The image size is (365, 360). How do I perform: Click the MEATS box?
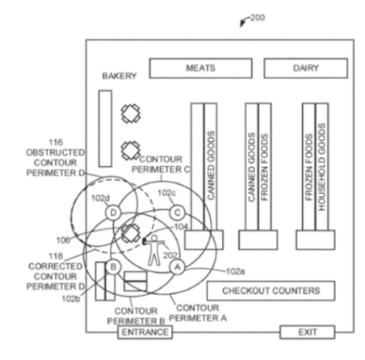coord(201,69)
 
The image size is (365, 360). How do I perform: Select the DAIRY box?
coord(306,69)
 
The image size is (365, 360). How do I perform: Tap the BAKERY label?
coord(120,76)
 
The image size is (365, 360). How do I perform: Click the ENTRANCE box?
coord(145,332)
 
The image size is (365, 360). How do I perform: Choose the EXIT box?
coord(308,332)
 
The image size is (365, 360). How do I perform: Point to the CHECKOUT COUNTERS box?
coord(271,291)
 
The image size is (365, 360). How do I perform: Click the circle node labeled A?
coord(178,267)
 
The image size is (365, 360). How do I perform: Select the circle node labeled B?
coord(113,267)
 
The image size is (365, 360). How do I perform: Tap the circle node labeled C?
coord(178,212)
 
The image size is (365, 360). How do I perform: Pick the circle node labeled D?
coord(113,212)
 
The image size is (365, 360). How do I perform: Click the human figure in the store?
coord(153,250)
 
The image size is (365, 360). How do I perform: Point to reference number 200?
coord(258,18)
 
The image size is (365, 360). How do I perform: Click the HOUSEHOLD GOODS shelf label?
coord(321,167)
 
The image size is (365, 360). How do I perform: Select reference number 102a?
coord(235,271)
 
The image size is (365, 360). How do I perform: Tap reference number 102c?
coord(166,193)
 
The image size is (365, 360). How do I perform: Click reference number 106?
coord(63,240)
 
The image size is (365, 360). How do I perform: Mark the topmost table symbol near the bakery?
coord(131,114)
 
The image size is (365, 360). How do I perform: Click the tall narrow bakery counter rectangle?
coord(105,128)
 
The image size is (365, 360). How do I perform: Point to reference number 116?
coord(56,142)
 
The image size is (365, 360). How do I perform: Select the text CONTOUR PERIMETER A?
coord(198,313)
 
